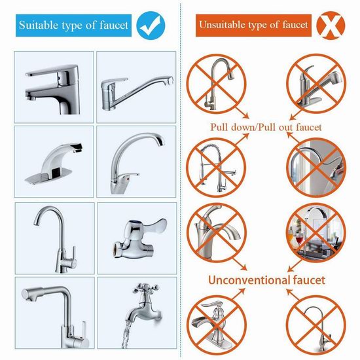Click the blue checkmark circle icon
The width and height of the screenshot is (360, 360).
pyautogui.click(x=151, y=26)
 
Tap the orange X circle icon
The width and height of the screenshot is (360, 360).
pyautogui.click(x=331, y=26)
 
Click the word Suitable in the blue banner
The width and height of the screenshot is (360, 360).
pyautogui.click(x=39, y=25)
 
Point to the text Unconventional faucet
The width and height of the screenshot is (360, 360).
pyautogui.click(x=266, y=280)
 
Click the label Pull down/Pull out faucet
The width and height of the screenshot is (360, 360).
pyautogui.click(x=266, y=127)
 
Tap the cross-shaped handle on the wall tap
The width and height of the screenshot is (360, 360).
pyautogui.click(x=145, y=287)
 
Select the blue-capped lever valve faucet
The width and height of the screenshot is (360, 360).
pyautogui.click(x=139, y=238)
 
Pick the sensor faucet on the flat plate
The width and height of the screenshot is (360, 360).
pyautogui.click(x=54, y=164)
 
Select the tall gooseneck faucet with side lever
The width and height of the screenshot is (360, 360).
pyautogui.click(x=57, y=239)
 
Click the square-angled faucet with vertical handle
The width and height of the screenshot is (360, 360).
pyautogui.click(x=56, y=316)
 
